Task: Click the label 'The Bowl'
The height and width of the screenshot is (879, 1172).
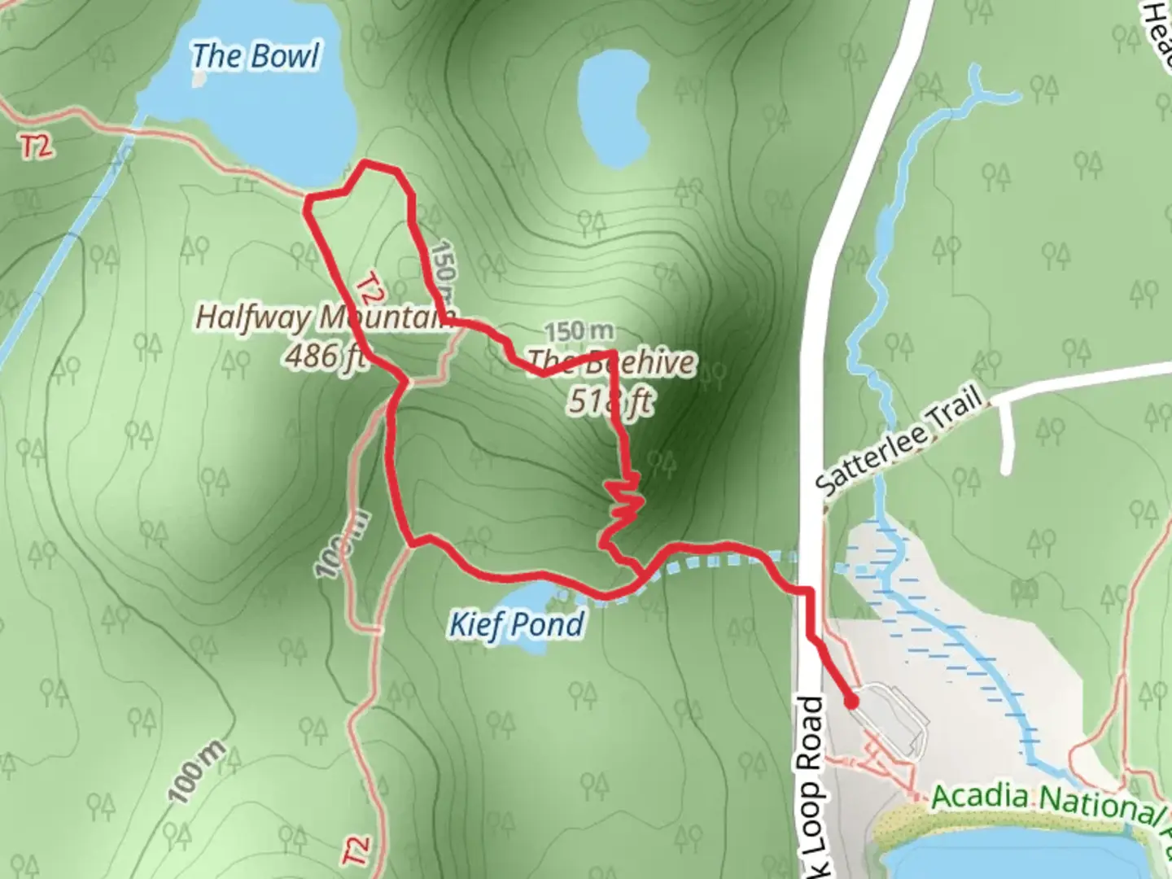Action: click(256, 56)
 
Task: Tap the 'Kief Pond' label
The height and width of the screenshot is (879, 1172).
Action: click(517, 625)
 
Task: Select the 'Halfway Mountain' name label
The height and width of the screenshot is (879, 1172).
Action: click(323, 317)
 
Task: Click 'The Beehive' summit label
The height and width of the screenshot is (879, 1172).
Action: click(611, 362)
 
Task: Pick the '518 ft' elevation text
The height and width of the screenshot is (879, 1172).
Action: click(610, 400)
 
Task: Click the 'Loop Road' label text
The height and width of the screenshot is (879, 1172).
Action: click(812, 781)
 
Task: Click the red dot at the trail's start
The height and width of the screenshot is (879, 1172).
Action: click(851, 702)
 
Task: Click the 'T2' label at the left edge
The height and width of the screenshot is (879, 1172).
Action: click(37, 146)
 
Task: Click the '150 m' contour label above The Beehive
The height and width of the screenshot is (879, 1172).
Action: click(579, 331)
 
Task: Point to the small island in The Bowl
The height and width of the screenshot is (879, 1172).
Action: click(200, 79)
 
